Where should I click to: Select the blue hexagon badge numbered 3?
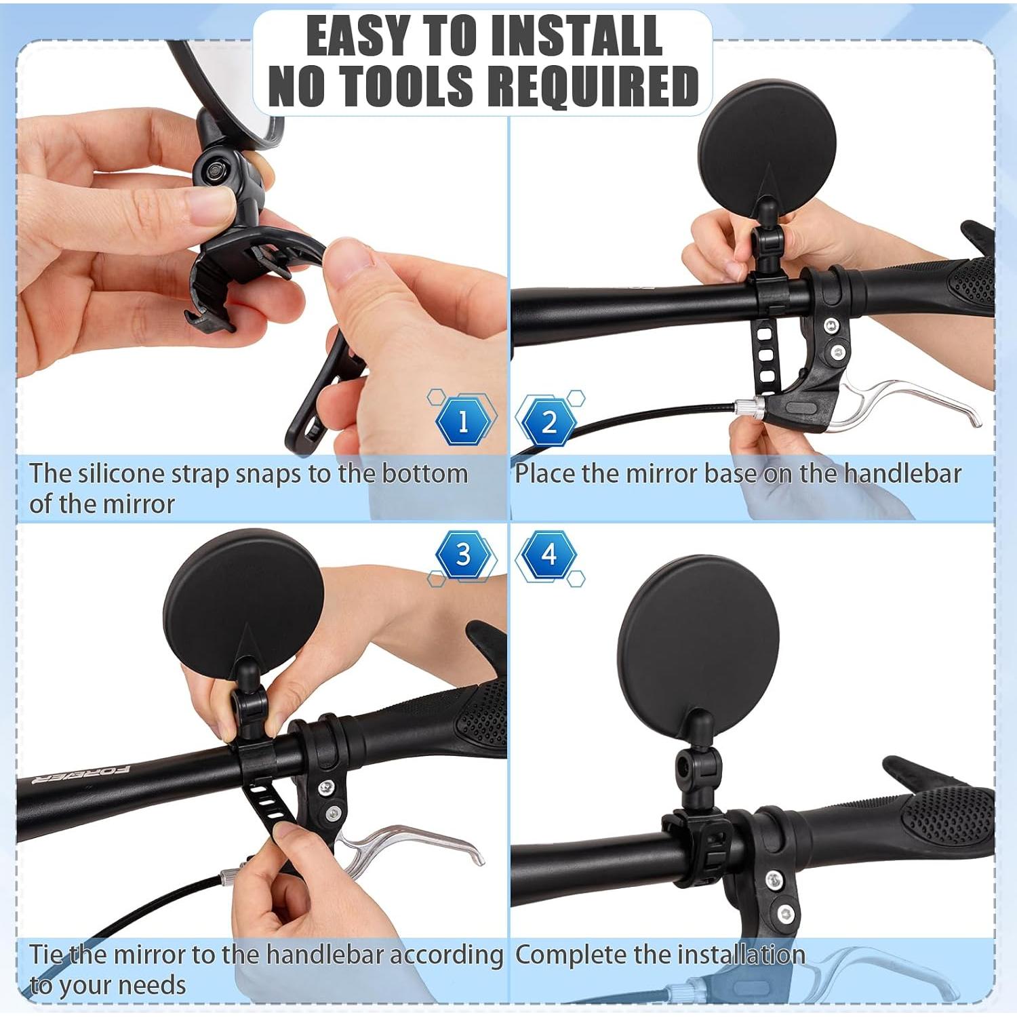click(x=463, y=555)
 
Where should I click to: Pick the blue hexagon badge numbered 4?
click(x=549, y=555)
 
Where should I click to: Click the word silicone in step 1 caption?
click(x=121, y=473)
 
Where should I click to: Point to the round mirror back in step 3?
click(x=243, y=601)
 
